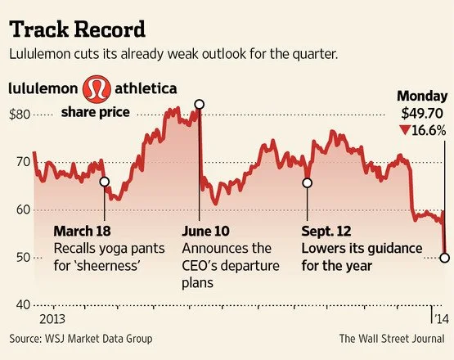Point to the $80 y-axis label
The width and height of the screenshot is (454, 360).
point(21,115)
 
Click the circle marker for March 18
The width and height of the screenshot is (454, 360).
point(105,182)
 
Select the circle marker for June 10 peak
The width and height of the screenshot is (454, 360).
point(200,105)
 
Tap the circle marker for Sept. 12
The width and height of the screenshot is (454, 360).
point(308,182)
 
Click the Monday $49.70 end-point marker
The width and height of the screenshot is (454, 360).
point(444,258)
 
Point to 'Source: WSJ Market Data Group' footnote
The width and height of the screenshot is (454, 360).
point(81,338)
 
